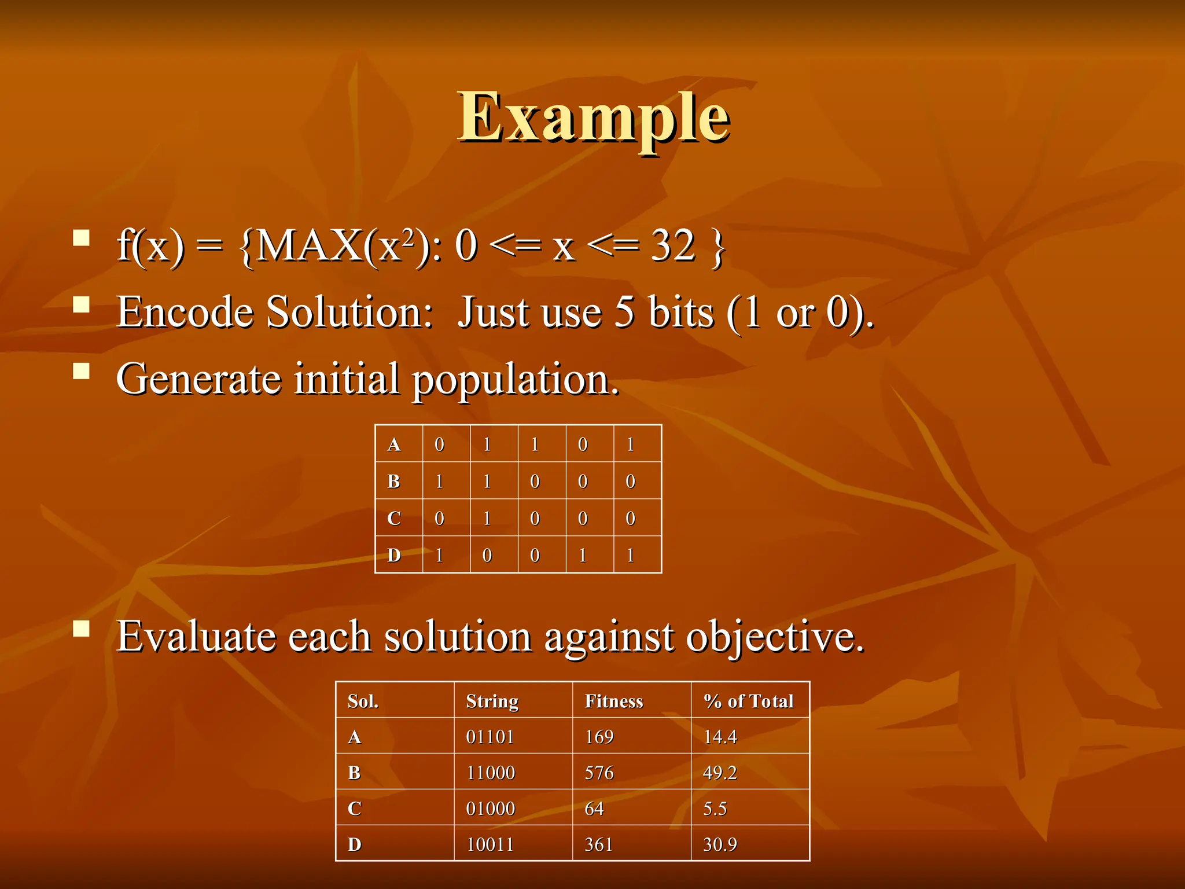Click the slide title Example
point(594,119)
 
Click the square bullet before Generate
point(82,370)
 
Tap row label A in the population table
point(394,444)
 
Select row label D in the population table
point(394,555)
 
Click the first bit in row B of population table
point(439,481)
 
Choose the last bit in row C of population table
point(631,518)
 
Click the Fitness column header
point(614,701)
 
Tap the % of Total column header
point(748,701)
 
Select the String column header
point(492,701)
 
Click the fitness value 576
point(599,773)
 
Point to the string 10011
point(490,844)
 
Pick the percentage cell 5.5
point(715,809)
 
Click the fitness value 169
point(599,737)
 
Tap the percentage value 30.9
point(720,844)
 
